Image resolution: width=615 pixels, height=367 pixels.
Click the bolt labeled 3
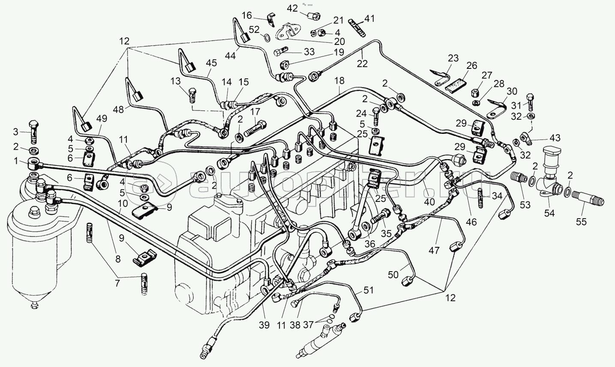[x=33, y=132]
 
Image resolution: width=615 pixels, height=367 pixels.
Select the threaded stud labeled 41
[x=357, y=27]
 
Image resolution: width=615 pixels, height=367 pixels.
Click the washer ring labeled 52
[x=267, y=37]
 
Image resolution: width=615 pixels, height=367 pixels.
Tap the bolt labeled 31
[x=530, y=102]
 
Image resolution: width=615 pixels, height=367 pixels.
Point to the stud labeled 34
[x=480, y=198]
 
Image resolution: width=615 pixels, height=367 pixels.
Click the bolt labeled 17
[x=255, y=129]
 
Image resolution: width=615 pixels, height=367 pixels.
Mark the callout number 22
[x=362, y=64]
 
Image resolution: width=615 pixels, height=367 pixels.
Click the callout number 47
[x=434, y=250]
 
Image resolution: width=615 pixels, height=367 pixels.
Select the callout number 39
[x=264, y=325]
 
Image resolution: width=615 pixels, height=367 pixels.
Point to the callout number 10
[x=123, y=203]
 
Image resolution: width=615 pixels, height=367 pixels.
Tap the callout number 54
[x=549, y=213]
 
